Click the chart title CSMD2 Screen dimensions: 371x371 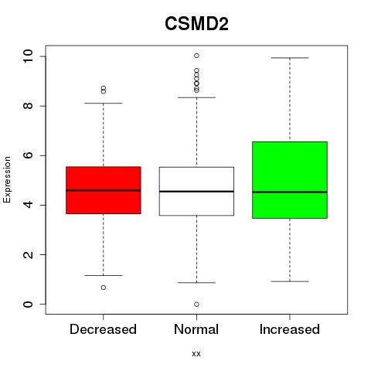pos(196,24)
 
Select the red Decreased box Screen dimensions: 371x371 pos(104,190)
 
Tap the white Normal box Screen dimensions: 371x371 pos(196,191)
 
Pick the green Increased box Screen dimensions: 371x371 pos(290,180)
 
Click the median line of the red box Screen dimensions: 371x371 pos(104,190)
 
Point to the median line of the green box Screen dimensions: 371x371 pos(290,192)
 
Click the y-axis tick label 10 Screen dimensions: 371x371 pos(28,56)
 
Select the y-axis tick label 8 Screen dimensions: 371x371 pos(28,106)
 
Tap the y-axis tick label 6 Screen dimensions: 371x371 pos(28,155)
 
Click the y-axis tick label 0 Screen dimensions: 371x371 pos(28,304)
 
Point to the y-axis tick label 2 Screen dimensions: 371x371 pos(28,254)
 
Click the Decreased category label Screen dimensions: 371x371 pos(103,329)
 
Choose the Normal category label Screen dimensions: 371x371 pos(196,329)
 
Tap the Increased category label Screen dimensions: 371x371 pos(290,329)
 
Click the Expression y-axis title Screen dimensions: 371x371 pos(7,179)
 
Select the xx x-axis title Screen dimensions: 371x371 pos(196,354)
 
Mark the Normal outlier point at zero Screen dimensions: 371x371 pos(196,305)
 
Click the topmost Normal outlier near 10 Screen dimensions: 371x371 pos(196,56)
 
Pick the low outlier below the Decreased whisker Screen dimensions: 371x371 pos(104,288)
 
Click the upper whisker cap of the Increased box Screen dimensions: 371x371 pos(290,58)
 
